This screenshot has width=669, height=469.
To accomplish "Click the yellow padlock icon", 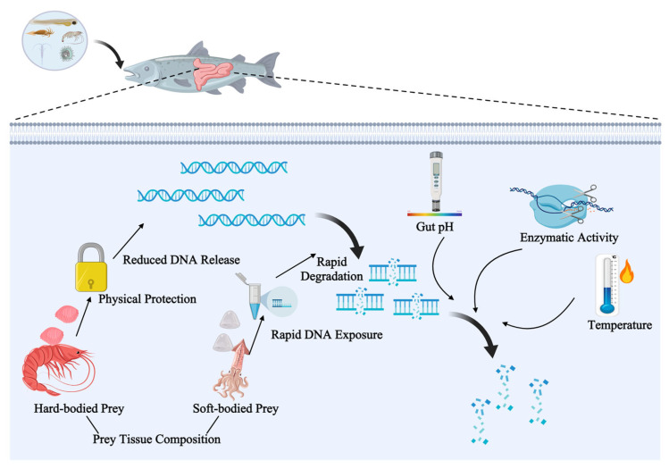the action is (91, 268).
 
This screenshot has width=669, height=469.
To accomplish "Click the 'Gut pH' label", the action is (435, 227).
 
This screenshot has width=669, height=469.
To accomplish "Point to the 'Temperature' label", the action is (620, 325).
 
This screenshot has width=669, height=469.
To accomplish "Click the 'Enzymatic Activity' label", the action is (569, 238).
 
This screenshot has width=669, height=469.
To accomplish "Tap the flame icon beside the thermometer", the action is (626, 272).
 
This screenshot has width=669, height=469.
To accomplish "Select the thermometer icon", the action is (607, 285).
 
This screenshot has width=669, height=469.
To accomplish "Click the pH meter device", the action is (436, 182).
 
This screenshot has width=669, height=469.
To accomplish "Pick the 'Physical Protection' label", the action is (147, 298).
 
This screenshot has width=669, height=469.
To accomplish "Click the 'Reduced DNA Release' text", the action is (181, 259).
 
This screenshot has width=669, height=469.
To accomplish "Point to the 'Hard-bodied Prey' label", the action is (79, 408).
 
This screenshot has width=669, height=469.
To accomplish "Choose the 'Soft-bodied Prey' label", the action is (236, 408).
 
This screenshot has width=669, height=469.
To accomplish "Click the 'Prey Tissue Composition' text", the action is (156, 440).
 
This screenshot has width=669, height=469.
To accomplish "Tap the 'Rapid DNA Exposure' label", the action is (327, 335).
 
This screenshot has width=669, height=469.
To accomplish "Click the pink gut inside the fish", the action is (212, 73).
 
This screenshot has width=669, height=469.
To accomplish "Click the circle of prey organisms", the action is (54, 41).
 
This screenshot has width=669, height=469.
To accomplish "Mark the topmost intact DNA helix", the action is (234, 168).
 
